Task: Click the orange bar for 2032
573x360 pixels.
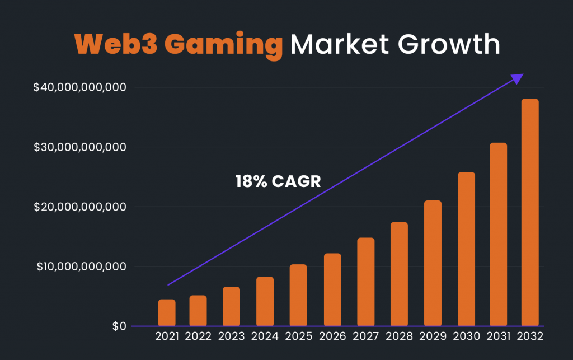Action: [x=529, y=212]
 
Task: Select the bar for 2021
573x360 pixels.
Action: [x=167, y=312]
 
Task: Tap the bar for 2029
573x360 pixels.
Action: [x=433, y=263]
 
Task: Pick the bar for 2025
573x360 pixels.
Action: [x=298, y=294]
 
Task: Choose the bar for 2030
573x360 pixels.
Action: [x=466, y=249]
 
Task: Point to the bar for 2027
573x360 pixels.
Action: [x=365, y=282]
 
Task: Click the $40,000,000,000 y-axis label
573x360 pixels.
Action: [x=79, y=87]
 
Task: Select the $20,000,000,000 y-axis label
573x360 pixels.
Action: [x=79, y=207]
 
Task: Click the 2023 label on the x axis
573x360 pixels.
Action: [x=231, y=337]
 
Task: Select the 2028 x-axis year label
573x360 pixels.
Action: [x=399, y=337]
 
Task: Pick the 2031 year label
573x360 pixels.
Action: [x=498, y=337]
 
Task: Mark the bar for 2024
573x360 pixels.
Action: [x=265, y=301]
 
